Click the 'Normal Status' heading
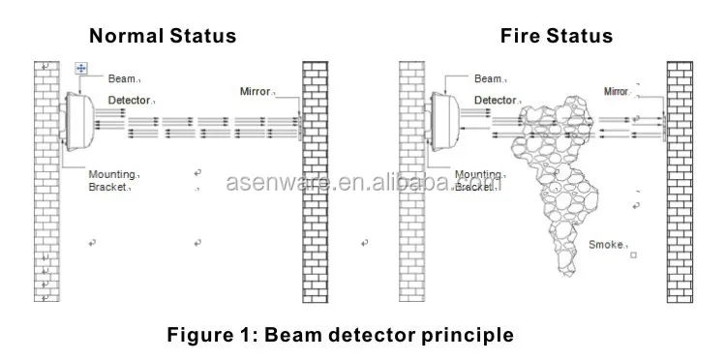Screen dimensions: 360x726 click(162, 37)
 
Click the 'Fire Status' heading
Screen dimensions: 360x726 click(556, 37)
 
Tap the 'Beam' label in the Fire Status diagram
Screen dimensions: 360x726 click(488, 78)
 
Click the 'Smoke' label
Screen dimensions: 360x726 click(606, 246)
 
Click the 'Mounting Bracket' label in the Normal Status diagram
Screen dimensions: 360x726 click(110, 181)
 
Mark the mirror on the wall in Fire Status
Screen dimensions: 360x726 click(663, 123)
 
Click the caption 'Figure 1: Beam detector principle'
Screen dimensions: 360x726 click(341, 336)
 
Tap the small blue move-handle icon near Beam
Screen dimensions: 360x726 click(80, 69)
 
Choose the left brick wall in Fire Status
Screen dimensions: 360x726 click(412, 182)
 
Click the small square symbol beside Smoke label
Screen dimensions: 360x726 click(633, 256)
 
